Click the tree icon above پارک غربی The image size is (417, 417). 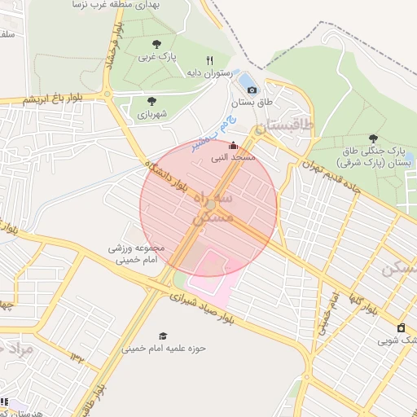tap(156, 44)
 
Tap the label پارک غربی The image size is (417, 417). tap(156, 57)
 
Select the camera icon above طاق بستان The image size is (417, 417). tap(252, 90)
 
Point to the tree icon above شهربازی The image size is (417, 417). tap(151, 101)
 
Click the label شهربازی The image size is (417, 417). tap(151, 114)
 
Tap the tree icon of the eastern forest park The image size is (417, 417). tap(373, 138)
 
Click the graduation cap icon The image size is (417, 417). tap(162, 336)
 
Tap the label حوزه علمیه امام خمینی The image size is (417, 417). tap(165, 349)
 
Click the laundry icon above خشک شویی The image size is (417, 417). tap(400, 327)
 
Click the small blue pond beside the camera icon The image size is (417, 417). tap(244, 80)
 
